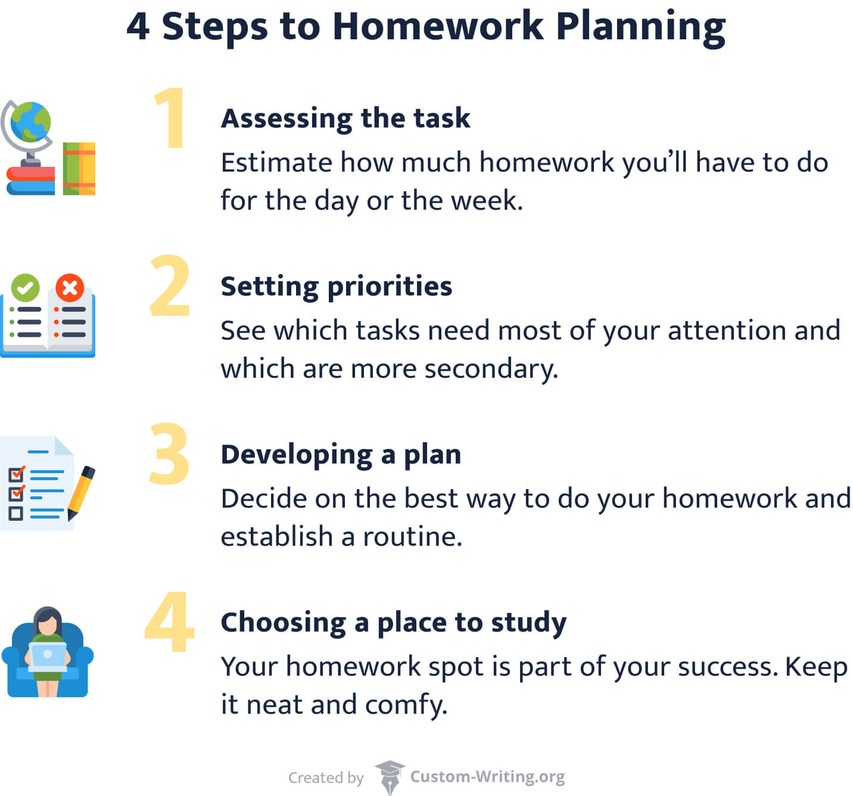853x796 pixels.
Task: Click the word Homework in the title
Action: [x=438, y=27]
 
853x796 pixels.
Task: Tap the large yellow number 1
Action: [x=171, y=118]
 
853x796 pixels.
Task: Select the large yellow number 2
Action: [x=170, y=287]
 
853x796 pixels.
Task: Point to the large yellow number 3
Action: [x=169, y=454]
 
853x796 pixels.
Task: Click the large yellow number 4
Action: [x=170, y=622]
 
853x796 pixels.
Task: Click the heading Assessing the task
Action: [x=345, y=118]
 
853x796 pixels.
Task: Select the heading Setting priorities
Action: [x=336, y=286]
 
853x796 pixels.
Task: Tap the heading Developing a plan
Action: [x=341, y=454]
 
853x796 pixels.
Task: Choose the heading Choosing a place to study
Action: [x=393, y=622]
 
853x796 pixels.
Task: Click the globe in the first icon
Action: [x=30, y=122]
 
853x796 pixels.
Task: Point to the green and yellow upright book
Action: [x=79, y=169]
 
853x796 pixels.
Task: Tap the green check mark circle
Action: [x=25, y=288]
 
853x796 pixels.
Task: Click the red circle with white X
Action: [x=70, y=288]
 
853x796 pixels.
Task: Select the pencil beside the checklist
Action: [x=81, y=492]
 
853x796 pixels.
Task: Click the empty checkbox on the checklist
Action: [x=16, y=513]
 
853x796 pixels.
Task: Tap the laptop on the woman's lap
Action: [x=48, y=656]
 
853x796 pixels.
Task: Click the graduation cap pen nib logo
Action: [x=390, y=776]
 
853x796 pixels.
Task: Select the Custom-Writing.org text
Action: [x=487, y=777]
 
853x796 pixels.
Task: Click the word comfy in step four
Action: [x=406, y=705]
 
